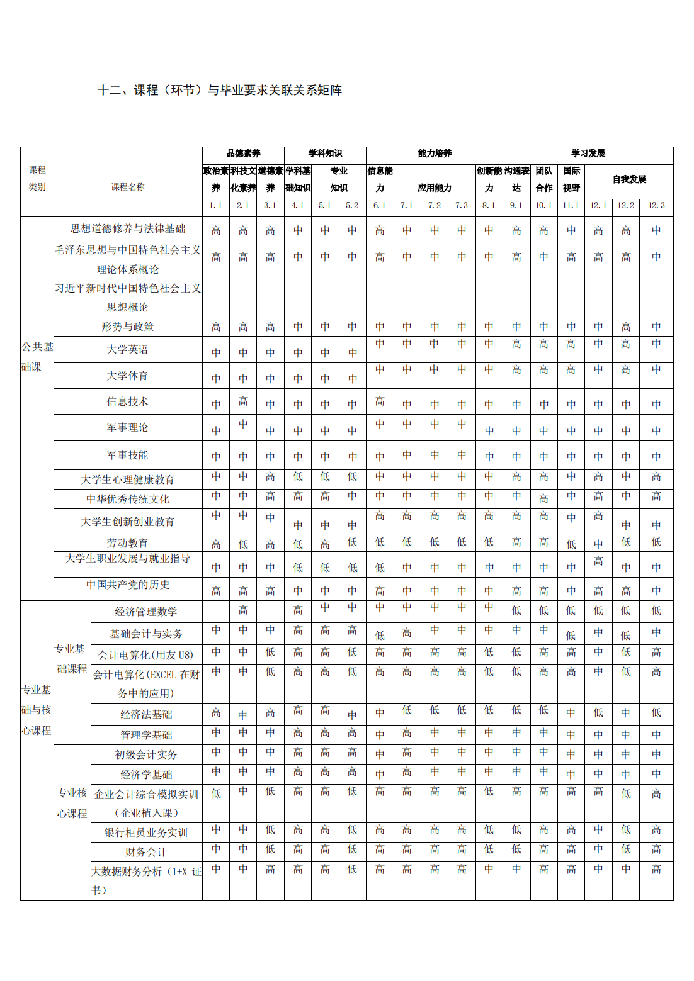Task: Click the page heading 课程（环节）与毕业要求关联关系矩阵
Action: (219, 91)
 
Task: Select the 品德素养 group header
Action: (243, 154)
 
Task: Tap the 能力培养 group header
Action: (435, 154)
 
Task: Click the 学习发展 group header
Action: (588, 154)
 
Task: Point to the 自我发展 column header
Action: (629, 179)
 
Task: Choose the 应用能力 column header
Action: (435, 188)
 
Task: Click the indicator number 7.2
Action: (435, 206)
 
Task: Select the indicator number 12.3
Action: (656, 206)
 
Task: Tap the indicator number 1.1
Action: (216, 206)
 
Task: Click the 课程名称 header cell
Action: (128, 187)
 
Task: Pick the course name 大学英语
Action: (128, 349)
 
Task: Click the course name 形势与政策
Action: (128, 327)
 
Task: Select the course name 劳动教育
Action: (128, 543)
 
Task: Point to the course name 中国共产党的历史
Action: (128, 585)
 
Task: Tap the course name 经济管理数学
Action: (146, 612)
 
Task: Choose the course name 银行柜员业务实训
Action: (146, 832)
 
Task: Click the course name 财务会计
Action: (146, 852)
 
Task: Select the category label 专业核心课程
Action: (72, 803)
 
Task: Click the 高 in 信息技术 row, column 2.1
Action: (243, 401)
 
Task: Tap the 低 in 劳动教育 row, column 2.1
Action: (243, 544)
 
